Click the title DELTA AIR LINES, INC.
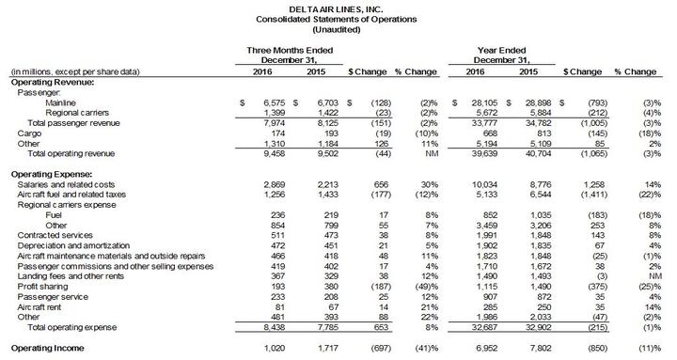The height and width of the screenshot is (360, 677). tap(338, 7)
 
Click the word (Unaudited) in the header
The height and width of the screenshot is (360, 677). tap(338, 29)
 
